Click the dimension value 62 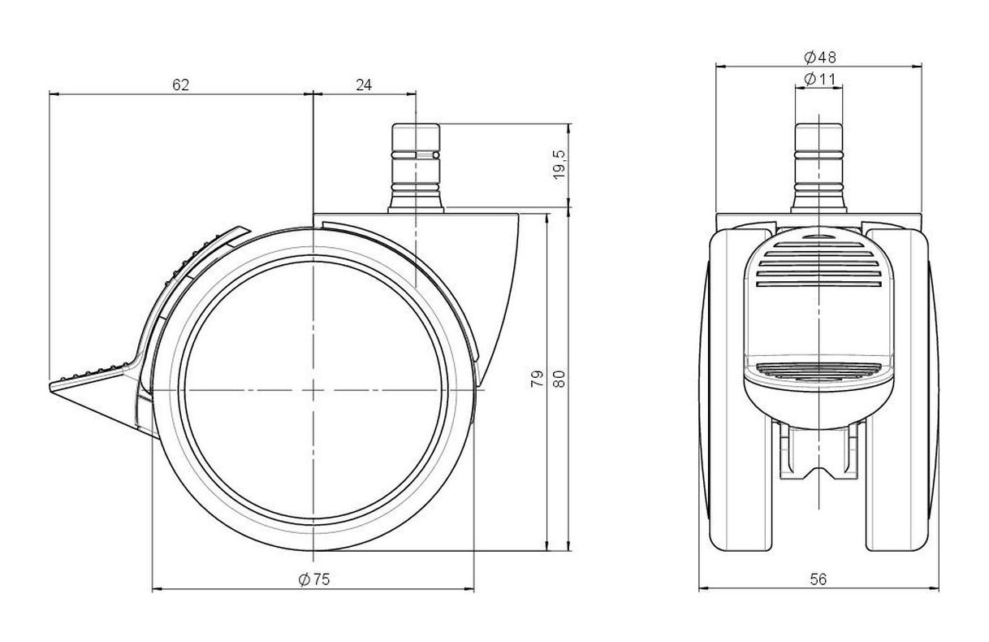(x=180, y=85)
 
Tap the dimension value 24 (x=364, y=85)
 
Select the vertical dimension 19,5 (x=559, y=164)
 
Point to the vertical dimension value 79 (x=537, y=379)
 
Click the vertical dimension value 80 (x=559, y=379)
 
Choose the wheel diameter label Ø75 (x=314, y=579)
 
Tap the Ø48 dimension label (x=820, y=57)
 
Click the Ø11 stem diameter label (x=819, y=79)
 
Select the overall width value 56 (x=818, y=579)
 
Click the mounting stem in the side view (x=416, y=168)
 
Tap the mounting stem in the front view (x=818, y=168)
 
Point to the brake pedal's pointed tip (x=50, y=388)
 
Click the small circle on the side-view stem (x=436, y=155)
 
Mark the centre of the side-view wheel (x=313, y=390)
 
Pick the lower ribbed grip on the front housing (x=818, y=370)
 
